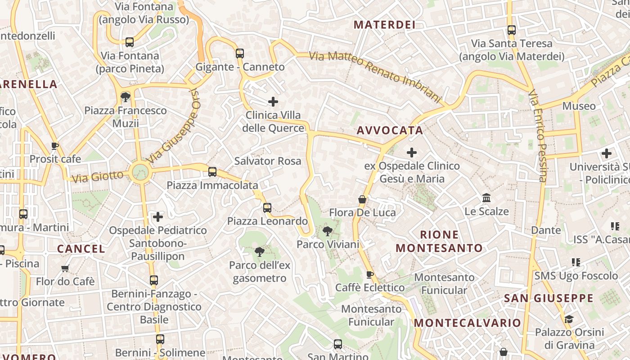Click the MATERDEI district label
(384, 25)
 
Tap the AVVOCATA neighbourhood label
(390, 130)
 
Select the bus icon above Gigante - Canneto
(240, 54)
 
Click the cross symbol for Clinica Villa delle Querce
(273, 102)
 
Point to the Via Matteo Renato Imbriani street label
(376, 76)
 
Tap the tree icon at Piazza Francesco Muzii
(126, 97)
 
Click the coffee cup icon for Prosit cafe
(55, 146)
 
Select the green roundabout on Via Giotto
(140, 171)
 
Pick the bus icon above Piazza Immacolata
(212, 172)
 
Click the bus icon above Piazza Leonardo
(267, 208)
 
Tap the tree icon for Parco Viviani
(328, 231)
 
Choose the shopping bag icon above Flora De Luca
(362, 199)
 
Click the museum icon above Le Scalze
(486, 198)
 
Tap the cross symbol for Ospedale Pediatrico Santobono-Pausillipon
(157, 217)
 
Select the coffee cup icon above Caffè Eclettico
(370, 274)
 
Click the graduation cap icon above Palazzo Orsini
(569, 319)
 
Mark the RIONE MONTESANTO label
(439, 241)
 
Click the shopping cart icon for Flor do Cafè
(65, 269)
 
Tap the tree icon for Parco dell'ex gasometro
(259, 252)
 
